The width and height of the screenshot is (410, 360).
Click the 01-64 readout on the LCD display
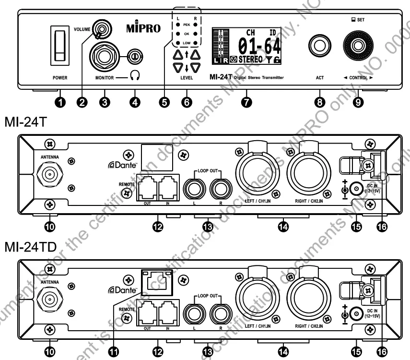pyautogui.click(x=258, y=47)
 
